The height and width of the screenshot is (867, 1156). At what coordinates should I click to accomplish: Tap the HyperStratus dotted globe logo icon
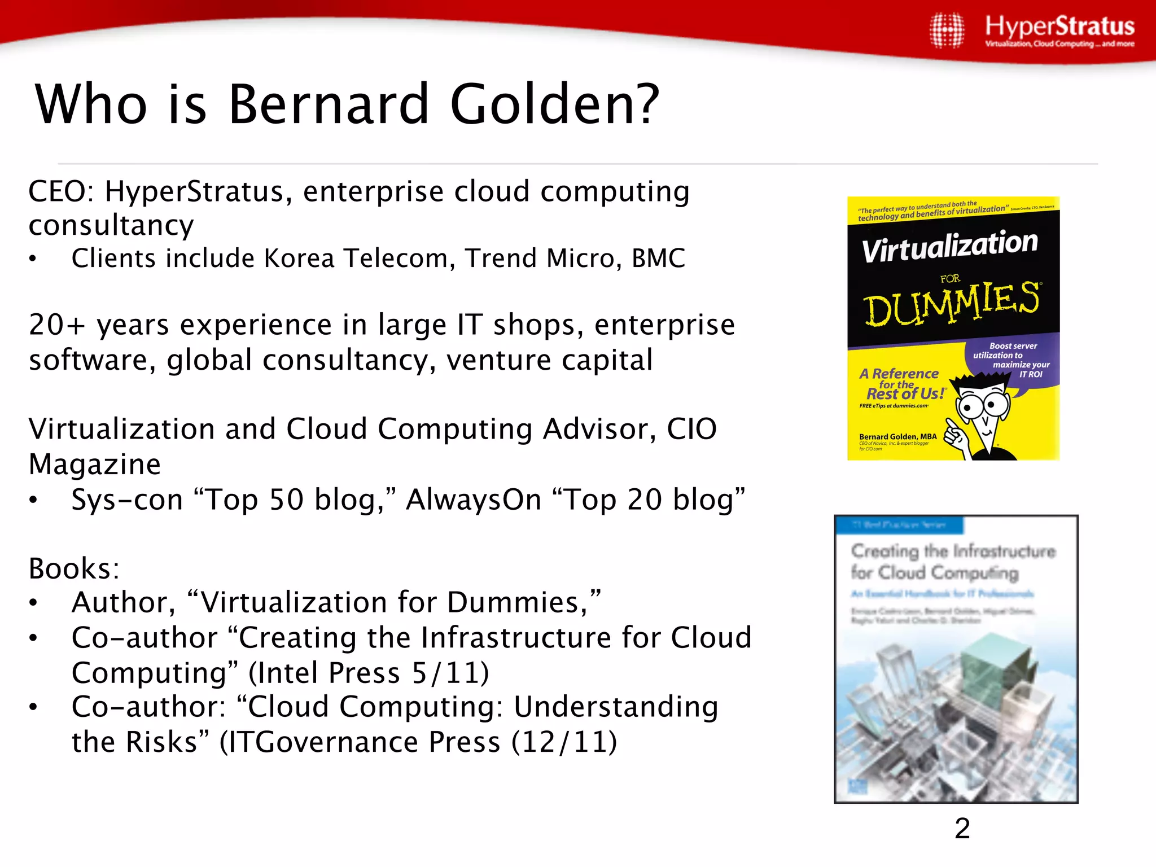947,30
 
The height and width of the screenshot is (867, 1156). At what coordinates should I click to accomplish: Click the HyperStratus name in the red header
1059,27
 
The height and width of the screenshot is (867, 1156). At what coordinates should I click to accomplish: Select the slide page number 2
962,829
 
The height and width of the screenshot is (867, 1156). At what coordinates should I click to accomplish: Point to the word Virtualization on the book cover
949,246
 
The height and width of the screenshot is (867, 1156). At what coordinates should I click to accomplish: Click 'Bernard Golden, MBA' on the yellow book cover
897,436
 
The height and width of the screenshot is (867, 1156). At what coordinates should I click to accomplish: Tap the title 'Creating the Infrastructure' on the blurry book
953,551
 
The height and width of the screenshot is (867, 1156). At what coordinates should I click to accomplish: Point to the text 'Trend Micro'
543,259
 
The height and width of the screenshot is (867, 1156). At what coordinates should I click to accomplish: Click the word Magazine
95,465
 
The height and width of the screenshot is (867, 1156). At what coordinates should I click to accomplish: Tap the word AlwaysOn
474,500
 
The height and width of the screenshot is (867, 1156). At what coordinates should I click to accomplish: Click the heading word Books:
74,568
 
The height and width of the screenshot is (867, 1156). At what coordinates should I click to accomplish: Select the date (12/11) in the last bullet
564,742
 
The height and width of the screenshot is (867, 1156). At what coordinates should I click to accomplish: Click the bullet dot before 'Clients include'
33,260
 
